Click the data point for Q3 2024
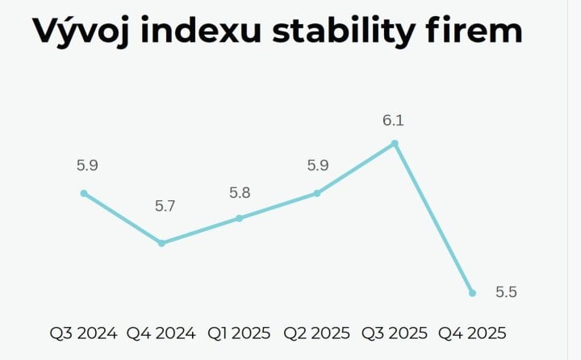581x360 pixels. click(84, 193)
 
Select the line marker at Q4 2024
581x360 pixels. click(161, 243)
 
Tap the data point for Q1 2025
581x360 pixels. click(240, 218)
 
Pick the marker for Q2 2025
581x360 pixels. click(317, 193)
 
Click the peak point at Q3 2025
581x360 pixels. click(395, 144)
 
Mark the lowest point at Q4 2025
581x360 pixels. click(473, 293)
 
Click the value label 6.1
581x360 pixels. click(393, 121)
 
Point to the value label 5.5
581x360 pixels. click(506, 293)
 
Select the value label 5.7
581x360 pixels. click(165, 206)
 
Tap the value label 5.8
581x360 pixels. click(240, 194)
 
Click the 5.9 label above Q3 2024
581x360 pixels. click(87, 165)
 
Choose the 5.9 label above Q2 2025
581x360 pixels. click(318, 165)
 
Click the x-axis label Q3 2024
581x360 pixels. click(84, 333)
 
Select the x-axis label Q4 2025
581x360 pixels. click(473, 333)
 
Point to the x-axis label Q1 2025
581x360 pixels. click(240, 333)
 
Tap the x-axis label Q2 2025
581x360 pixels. click(317, 333)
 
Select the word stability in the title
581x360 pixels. click(338, 32)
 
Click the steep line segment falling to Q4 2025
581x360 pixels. click(434, 219)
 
